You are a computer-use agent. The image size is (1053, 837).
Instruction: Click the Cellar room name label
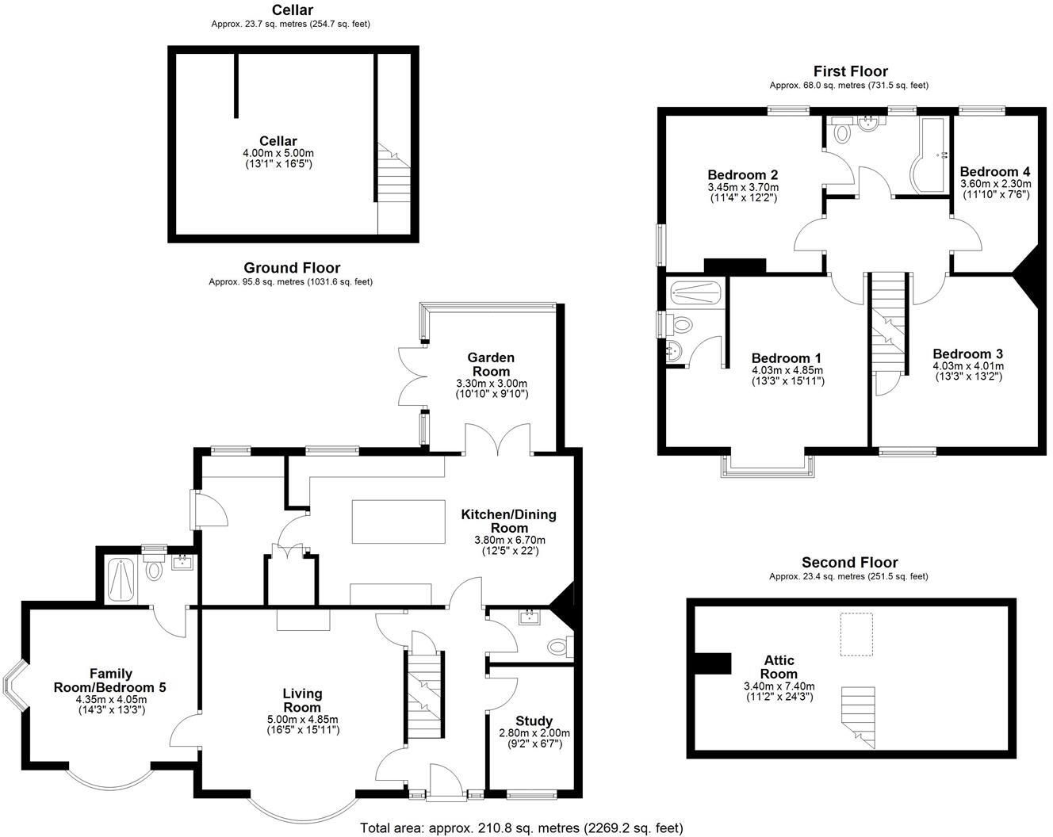pyautogui.click(x=278, y=141)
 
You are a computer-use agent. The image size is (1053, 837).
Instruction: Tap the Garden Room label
pyautogui.click(x=491, y=365)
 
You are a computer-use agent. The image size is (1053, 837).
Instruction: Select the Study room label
pyautogui.click(x=534, y=721)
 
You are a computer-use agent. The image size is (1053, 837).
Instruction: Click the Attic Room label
pyautogui.click(x=779, y=667)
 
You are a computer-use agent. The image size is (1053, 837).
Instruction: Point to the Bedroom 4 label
pyautogui.click(x=994, y=172)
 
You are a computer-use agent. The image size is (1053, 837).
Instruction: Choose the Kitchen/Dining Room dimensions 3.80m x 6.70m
pyautogui.click(x=510, y=541)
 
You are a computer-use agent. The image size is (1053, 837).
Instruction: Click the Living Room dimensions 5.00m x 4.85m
pyautogui.click(x=302, y=720)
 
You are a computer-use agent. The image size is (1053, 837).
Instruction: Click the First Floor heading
pyautogui.click(x=850, y=71)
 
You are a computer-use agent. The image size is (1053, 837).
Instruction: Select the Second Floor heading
pyautogui.click(x=849, y=563)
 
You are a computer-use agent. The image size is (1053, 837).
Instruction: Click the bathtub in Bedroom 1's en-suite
pyautogui.click(x=696, y=293)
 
